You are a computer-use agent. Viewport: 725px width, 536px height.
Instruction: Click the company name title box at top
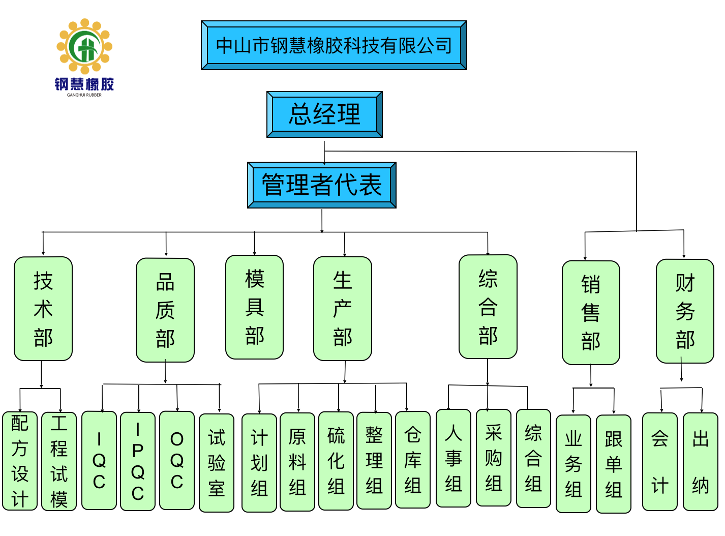(334, 45)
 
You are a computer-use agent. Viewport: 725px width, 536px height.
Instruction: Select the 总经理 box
(324, 114)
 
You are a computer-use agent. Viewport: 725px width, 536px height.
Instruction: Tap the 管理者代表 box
(321, 185)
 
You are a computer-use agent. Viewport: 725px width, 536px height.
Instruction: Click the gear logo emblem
(84, 47)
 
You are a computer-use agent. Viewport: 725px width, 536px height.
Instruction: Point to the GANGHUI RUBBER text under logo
(84, 95)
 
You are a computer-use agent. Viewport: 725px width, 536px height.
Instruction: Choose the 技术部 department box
(43, 309)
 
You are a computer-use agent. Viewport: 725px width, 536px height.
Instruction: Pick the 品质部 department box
(165, 310)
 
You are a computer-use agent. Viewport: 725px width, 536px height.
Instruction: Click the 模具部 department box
(254, 307)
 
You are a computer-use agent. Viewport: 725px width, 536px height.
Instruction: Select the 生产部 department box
(343, 309)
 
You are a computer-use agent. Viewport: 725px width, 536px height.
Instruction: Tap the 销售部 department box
(591, 313)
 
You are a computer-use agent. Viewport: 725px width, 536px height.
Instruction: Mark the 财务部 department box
(685, 311)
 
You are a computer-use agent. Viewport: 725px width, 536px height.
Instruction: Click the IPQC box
(138, 461)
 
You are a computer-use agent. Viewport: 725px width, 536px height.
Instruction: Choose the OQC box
(177, 460)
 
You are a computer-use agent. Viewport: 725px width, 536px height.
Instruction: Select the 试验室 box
(217, 463)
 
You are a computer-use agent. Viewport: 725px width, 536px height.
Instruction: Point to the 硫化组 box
(336, 461)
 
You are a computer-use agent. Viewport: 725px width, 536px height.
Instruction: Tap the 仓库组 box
(413, 460)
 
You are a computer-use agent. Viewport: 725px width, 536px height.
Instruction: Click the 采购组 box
(494, 458)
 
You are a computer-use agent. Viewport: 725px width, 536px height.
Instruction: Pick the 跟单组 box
(614, 464)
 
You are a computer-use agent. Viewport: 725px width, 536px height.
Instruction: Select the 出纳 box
(701, 462)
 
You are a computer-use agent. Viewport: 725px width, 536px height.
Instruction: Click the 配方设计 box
(20, 461)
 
